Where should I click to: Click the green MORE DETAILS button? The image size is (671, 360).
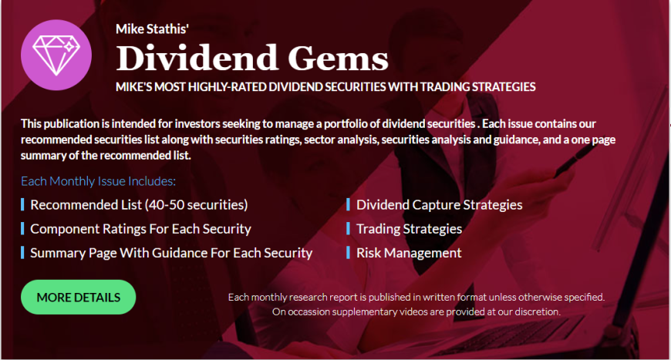79,297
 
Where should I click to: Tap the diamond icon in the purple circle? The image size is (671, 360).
56,54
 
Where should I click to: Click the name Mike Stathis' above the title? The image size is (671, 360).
153,29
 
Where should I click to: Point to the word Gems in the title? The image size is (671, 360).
338,58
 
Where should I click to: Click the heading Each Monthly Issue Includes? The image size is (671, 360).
99,181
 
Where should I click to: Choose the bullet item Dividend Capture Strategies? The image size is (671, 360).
440,205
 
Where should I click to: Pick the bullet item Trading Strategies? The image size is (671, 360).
409,229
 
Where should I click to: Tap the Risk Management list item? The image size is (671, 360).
409,253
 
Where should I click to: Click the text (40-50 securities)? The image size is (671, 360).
197,205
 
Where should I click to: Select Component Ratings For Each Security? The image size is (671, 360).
141,229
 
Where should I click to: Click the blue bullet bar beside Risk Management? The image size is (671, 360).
349,253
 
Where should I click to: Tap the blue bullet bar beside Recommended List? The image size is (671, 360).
22,205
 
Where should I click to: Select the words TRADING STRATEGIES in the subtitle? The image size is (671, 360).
477,87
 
